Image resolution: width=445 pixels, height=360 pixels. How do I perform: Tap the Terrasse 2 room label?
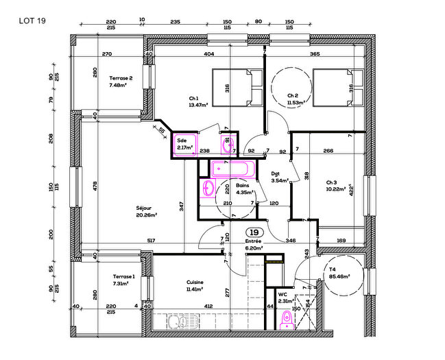pos(121,78)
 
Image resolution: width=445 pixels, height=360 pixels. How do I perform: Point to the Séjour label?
pos(143,208)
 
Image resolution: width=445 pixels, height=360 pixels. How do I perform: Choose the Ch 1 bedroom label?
pos(194,97)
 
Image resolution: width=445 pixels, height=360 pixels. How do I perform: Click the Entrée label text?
pos(254,241)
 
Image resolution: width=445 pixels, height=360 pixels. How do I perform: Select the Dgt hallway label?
pos(276,173)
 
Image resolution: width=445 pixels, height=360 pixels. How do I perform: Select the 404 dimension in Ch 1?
pos(209,53)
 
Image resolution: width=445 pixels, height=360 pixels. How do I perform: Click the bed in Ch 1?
pos(237,87)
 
